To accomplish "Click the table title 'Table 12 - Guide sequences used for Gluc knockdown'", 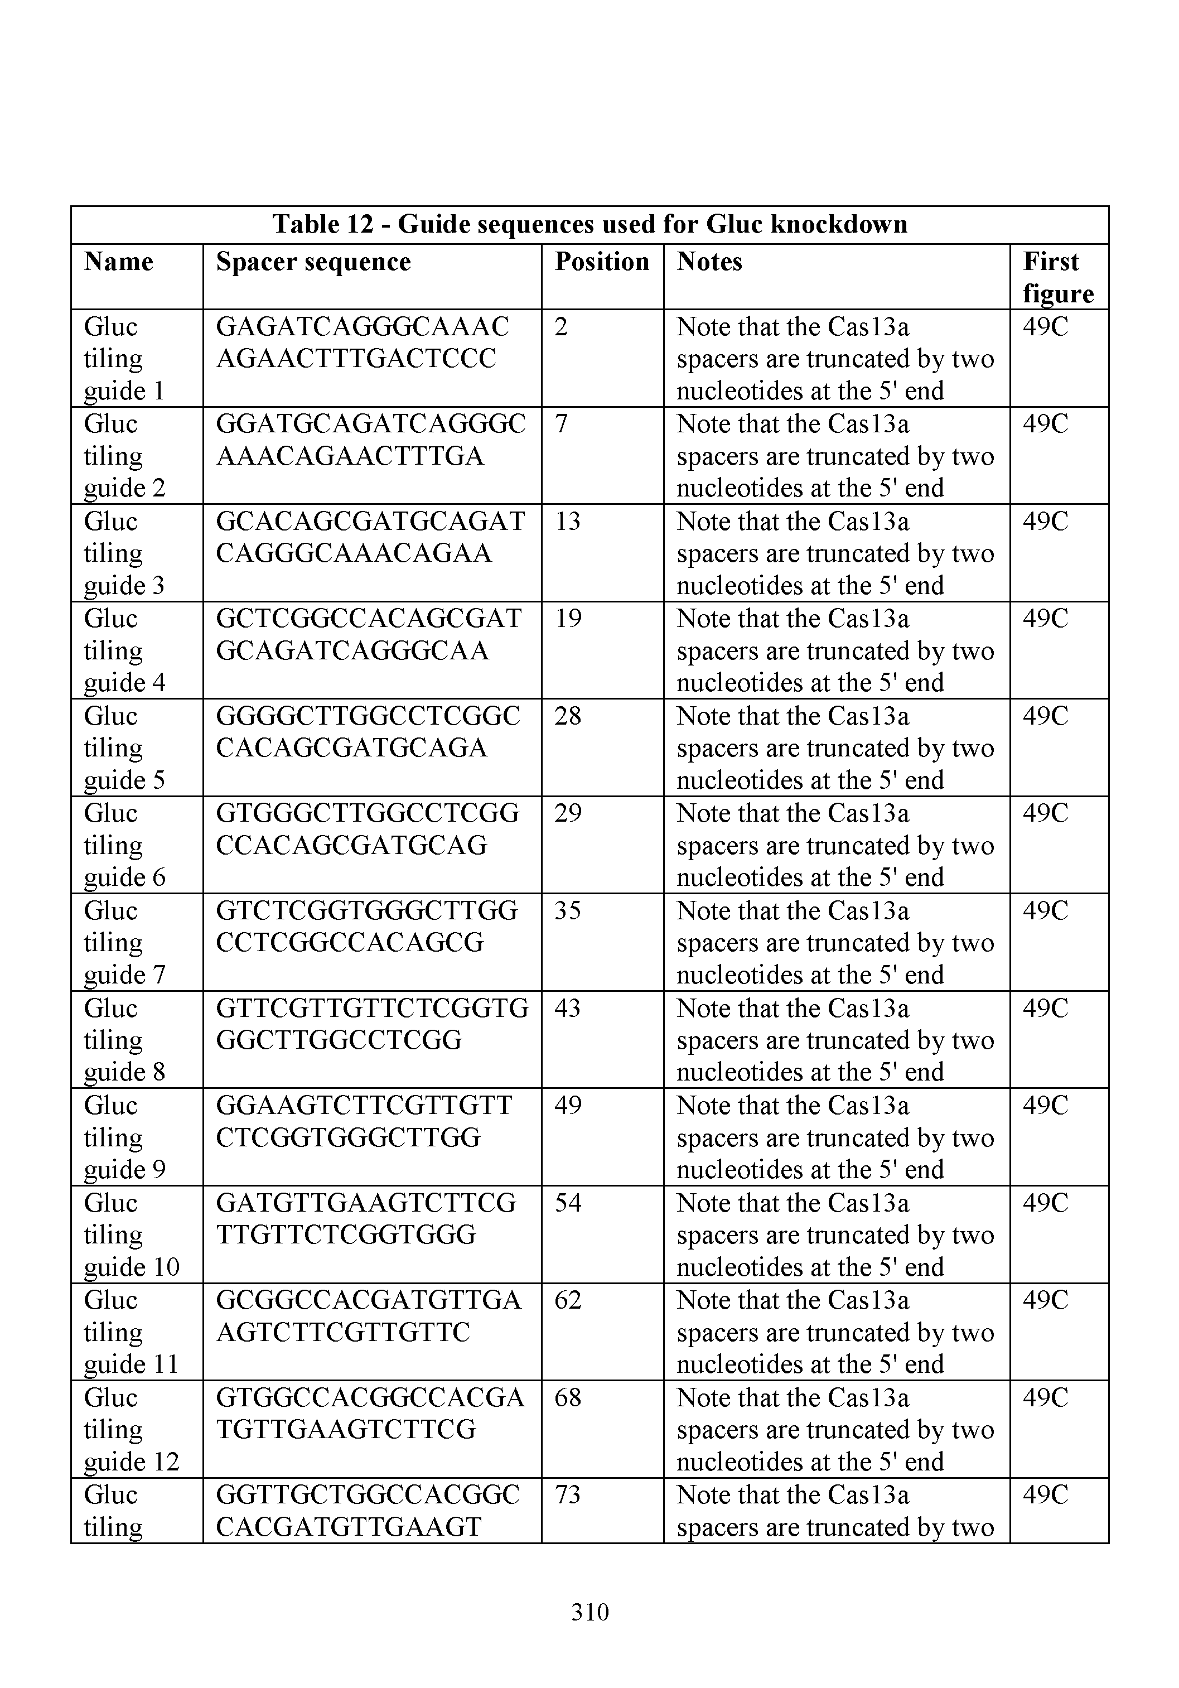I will pyautogui.click(x=589, y=224).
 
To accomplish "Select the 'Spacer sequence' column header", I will pyautogui.click(x=313, y=262).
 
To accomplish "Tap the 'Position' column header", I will pyautogui.click(x=601, y=262).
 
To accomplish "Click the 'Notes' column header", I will pyautogui.click(x=709, y=262).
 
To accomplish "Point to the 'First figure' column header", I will pyautogui.click(x=1057, y=277).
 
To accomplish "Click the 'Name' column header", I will pyautogui.click(x=118, y=262).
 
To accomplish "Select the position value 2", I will pyautogui.click(x=561, y=326).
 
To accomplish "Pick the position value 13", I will pyautogui.click(x=567, y=521).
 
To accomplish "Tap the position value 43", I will pyautogui.click(x=567, y=1008).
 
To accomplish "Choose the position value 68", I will pyautogui.click(x=567, y=1397).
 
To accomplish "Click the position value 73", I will pyautogui.click(x=567, y=1494).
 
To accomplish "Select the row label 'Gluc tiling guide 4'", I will pyautogui.click(x=124, y=650).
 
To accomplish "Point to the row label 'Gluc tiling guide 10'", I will pyautogui.click(x=131, y=1235).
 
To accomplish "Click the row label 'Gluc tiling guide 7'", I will pyautogui.click(x=124, y=943).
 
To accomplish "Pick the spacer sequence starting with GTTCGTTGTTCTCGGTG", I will pyautogui.click(x=371, y=1024).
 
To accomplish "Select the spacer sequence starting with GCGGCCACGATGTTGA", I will pyautogui.click(x=368, y=1316).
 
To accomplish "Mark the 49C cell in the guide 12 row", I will pyautogui.click(x=1045, y=1397).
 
